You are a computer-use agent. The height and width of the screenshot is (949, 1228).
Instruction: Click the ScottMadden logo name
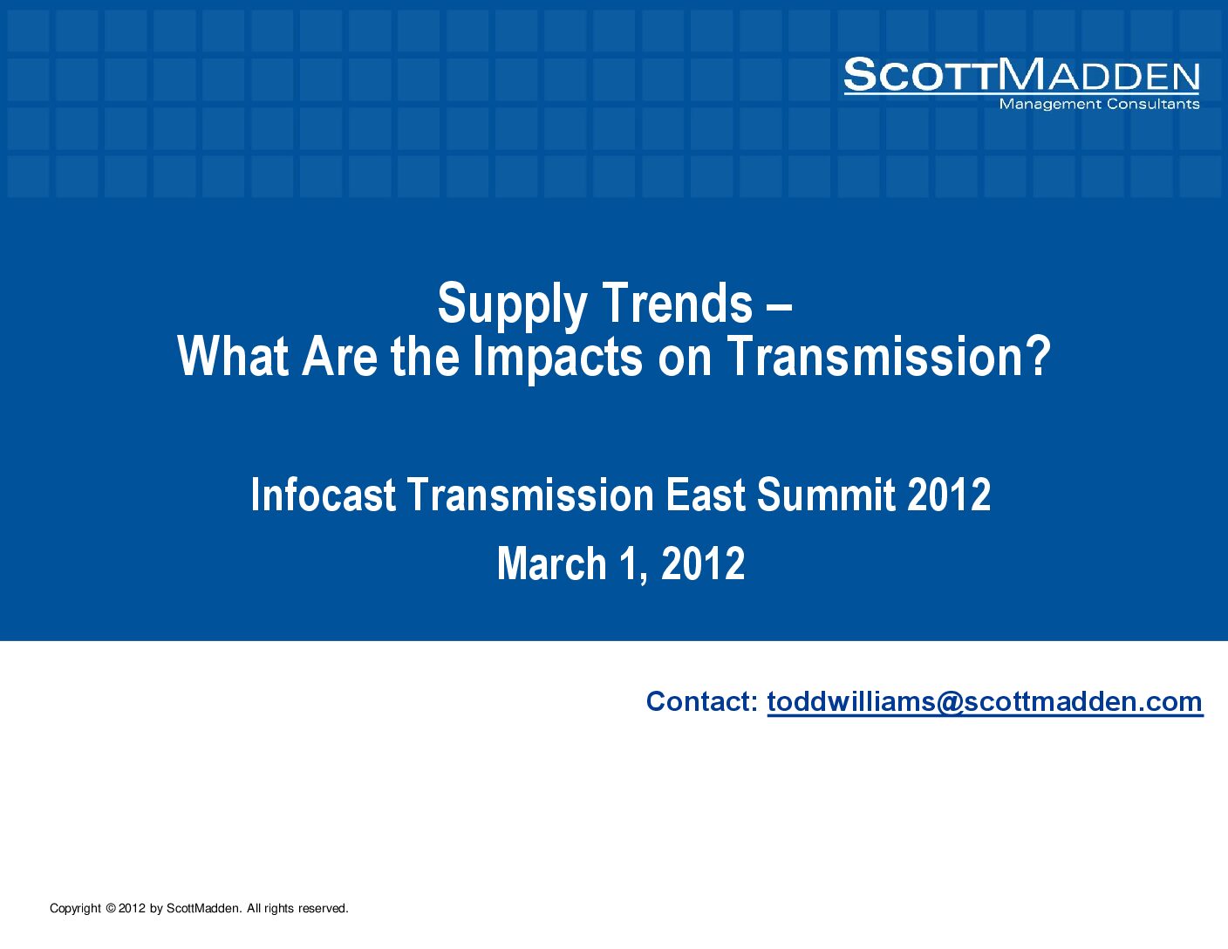1021,75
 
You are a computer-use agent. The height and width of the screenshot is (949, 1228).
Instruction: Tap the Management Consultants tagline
1100,104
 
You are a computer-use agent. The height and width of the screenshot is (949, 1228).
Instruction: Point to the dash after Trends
780,308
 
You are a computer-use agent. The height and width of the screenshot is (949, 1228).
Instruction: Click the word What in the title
233,356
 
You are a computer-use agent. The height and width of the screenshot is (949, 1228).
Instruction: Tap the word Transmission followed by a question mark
874,356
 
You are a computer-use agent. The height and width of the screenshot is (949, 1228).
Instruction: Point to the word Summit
826,495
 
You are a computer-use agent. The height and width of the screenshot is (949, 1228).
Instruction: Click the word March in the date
552,563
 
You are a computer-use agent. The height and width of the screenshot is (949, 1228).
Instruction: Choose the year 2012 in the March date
703,563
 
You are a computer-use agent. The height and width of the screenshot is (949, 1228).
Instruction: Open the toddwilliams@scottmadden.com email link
985,702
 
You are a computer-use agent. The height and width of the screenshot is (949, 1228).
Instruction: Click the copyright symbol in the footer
110,908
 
